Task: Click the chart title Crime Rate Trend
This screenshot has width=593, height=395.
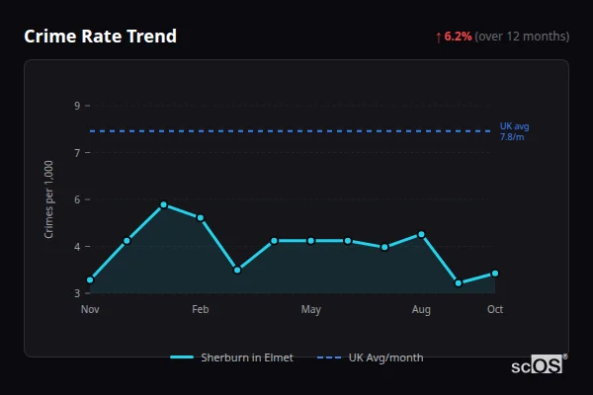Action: pos(100,37)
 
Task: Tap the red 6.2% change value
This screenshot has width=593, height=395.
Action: pos(459,37)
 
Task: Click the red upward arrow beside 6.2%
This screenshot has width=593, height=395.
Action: pos(438,37)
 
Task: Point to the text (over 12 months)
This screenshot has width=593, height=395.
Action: pos(522,37)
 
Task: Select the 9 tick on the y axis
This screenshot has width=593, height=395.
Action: pos(77,106)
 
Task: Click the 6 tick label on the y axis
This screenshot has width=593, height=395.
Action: pos(77,199)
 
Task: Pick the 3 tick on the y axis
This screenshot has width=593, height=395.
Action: pos(77,293)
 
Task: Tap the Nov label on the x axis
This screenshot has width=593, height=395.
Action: pos(90,310)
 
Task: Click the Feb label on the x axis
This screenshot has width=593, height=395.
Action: pos(201,310)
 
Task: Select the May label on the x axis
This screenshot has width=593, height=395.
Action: pos(311,310)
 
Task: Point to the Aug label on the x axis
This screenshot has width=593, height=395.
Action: pos(421,310)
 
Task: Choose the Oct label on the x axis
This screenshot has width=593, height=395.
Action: pos(495,310)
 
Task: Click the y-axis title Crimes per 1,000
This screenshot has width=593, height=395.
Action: pos(49,198)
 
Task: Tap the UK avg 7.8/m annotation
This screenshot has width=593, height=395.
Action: pos(514,131)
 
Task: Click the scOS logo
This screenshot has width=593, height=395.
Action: pos(538,364)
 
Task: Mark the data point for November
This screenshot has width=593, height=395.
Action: pos(90,280)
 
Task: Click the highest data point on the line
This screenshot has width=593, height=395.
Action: pos(164,204)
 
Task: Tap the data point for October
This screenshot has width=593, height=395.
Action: pos(495,274)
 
